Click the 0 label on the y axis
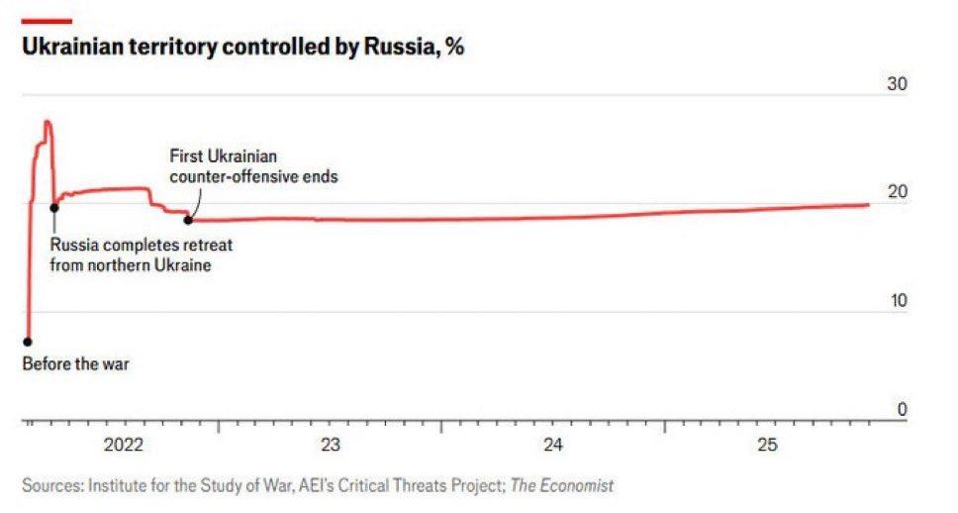pos(902,409)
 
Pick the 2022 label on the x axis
pos(124,444)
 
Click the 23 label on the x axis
pos(331,444)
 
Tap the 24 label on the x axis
pos(553,444)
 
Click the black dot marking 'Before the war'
pos(28,342)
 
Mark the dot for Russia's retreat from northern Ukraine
pos(54,207)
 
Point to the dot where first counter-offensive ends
pos(188,219)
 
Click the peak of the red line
pos(47,122)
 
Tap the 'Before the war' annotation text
pos(75,363)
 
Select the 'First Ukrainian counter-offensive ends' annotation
pos(253,167)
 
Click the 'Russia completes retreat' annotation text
pos(142,256)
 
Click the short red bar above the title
pos(47,21)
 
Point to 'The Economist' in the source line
pos(562,485)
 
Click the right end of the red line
pos(868,205)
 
